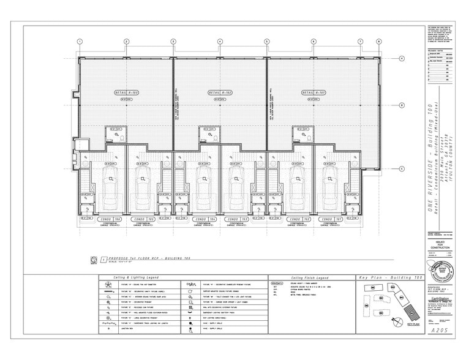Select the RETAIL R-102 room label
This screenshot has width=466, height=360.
220,92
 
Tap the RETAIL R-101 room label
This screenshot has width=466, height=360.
313,92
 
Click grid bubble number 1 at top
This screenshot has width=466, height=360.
80,42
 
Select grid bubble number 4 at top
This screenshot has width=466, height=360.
220,42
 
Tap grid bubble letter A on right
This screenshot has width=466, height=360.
401,58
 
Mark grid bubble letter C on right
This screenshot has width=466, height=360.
401,168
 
